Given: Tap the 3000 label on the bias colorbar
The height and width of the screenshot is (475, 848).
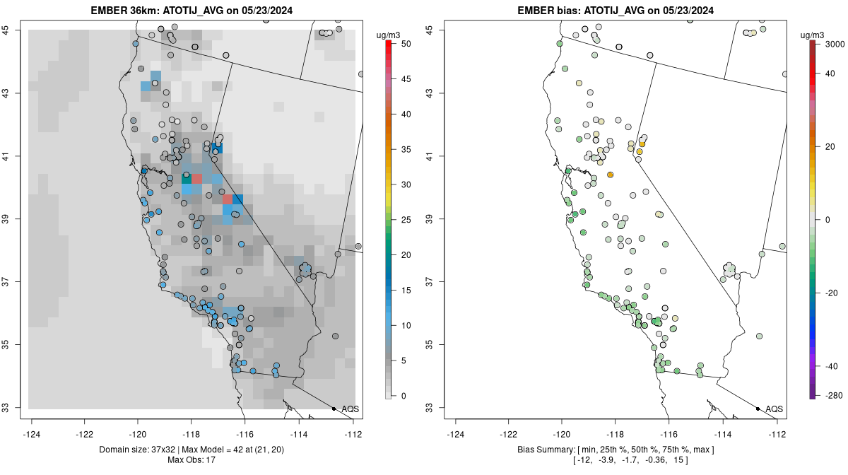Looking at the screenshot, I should click(825, 44).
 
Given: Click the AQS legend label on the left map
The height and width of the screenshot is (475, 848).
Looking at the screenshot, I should click(351, 409).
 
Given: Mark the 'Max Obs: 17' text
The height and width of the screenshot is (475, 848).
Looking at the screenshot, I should click(192, 460).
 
